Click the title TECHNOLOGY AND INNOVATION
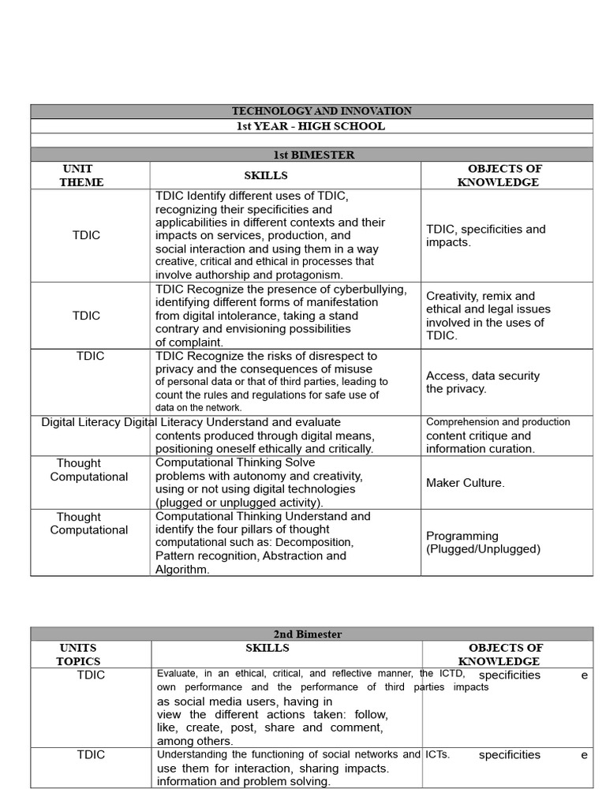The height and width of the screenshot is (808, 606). pyautogui.click(x=311, y=111)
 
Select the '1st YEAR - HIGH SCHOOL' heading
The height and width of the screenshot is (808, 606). pyautogui.click(x=311, y=126)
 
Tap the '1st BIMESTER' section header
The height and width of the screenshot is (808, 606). pyautogui.click(x=311, y=155)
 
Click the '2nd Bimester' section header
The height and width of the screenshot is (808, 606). pyautogui.click(x=311, y=634)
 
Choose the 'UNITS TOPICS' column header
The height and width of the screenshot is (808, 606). pyautogui.click(x=78, y=654)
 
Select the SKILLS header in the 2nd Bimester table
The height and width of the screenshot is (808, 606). pyautogui.click(x=267, y=648)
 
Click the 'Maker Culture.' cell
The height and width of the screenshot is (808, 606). pyautogui.click(x=465, y=482)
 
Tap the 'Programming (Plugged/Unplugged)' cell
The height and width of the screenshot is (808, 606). pyautogui.click(x=483, y=542)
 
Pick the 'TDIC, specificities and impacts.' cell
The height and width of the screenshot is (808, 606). pyautogui.click(x=485, y=235)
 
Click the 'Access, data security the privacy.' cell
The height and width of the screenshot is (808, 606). pyautogui.click(x=483, y=382)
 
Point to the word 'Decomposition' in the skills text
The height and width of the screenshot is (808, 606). pyautogui.click(x=314, y=542)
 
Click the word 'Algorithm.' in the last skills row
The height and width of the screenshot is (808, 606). pyautogui.click(x=182, y=569)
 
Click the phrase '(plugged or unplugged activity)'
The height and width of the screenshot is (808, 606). pyautogui.click(x=239, y=502)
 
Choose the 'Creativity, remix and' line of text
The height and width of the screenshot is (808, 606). pyautogui.click(x=480, y=296)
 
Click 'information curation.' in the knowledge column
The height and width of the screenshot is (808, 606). pyautogui.click(x=480, y=448)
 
